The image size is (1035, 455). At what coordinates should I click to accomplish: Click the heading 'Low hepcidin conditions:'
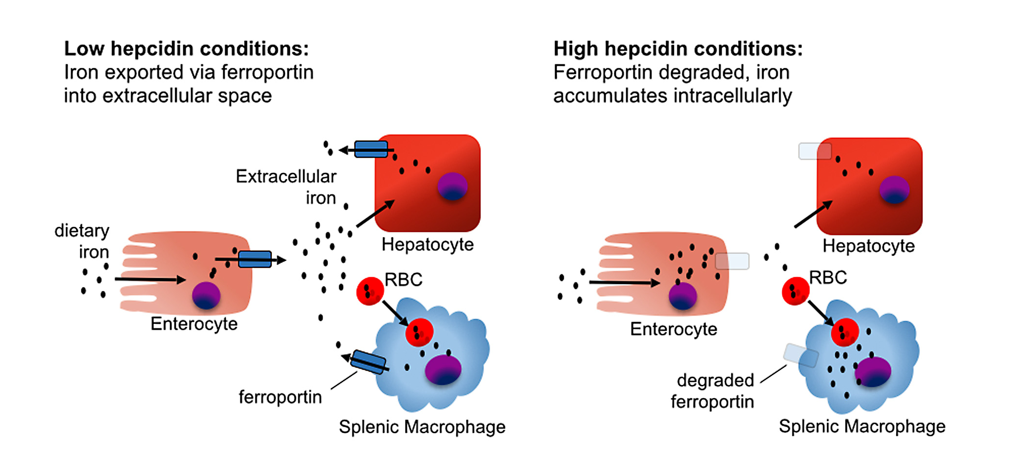pos(186,49)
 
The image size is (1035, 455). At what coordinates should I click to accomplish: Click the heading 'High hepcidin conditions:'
pos(678,49)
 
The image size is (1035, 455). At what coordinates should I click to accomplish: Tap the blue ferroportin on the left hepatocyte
pos(371,149)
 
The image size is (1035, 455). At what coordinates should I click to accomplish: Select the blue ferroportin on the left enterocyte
pos(255,259)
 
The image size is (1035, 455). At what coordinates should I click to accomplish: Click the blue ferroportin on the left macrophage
pos(368,362)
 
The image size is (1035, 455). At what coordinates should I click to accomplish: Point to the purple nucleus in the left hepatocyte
pos(452,187)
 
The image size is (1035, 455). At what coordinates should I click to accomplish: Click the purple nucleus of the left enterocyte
pos(206,295)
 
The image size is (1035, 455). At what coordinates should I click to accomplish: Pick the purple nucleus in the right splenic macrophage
pos(873,372)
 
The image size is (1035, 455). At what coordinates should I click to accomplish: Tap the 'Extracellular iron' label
pos(286,187)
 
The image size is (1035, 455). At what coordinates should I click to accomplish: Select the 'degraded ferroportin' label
pos(713,391)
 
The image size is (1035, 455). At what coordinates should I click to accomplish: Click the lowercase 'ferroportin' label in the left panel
pos(280,397)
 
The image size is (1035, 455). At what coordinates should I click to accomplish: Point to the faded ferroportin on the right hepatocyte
pos(815,151)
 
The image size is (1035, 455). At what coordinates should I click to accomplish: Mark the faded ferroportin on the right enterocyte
pos(732,261)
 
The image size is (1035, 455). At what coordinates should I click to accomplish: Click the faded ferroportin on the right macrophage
pos(801,356)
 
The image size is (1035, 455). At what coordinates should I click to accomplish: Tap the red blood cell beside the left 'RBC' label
pos(370,291)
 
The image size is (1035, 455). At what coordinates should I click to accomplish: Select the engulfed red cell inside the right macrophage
pos(844,332)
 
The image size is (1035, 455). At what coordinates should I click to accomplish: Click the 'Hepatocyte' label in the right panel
pos(868,246)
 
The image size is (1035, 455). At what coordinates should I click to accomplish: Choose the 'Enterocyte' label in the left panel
pos(194,324)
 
